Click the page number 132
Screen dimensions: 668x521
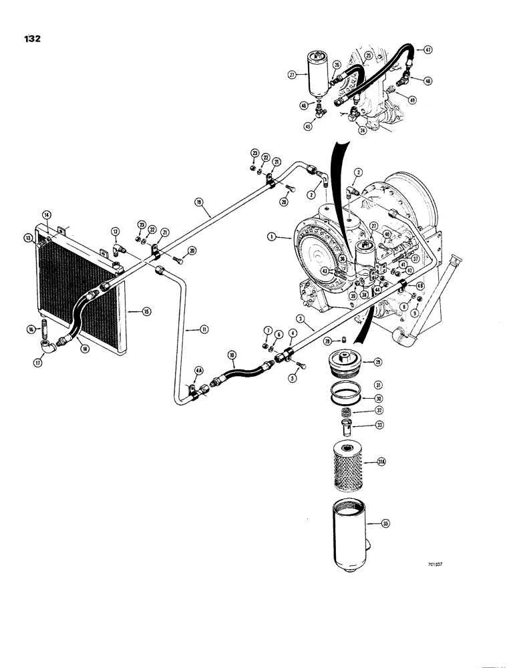point(31,39)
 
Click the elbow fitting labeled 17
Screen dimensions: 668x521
point(46,347)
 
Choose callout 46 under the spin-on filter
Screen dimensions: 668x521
point(304,105)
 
